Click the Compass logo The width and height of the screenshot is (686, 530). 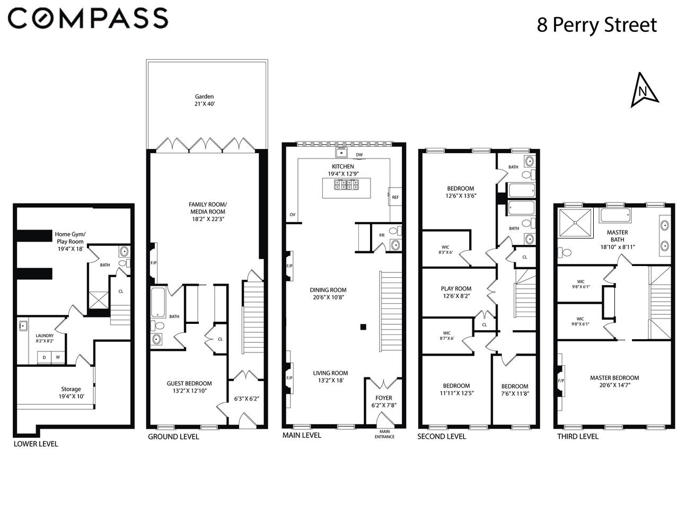click(88, 19)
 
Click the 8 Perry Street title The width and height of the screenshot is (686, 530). click(596, 25)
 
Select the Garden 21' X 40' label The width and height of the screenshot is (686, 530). click(204, 100)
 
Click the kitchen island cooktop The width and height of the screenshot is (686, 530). click(346, 184)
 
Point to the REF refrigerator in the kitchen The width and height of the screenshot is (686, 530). click(395, 197)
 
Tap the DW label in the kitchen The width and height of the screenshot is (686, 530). click(359, 155)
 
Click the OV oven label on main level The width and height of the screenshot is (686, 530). click(292, 215)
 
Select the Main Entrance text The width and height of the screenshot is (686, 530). click(384, 434)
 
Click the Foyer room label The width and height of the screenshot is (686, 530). click(384, 397)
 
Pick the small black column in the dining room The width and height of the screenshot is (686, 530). click(363, 327)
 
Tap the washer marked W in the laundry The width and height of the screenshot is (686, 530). click(58, 357)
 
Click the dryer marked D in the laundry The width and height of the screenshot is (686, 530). click(44, 357)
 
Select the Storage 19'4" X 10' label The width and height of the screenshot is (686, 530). click(71, 392)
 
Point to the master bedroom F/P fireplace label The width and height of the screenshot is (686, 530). click(561, 381)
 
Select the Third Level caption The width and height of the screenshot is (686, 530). click(577, 436)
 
